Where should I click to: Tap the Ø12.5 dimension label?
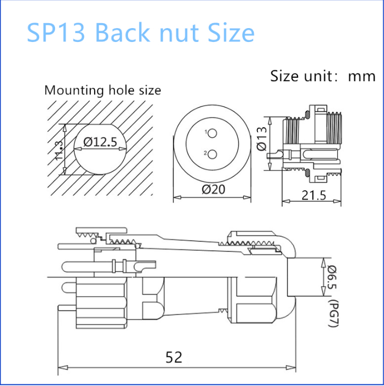pos(100,142)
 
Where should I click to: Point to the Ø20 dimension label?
pos(213,190)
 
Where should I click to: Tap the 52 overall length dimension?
pos(174,357)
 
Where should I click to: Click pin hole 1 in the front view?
pos(213,133)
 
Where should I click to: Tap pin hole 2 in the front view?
pos(213,153)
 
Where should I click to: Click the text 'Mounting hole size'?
pos(102,90)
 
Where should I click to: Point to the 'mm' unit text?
pos(361,76)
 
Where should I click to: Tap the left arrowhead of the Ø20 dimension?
pos(177,197)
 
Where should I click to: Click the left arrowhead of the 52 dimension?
pos(62,367)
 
